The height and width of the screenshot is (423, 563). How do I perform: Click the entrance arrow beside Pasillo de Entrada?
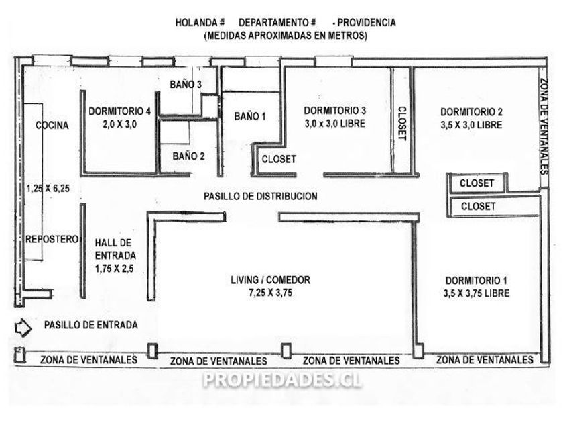coord(22,327)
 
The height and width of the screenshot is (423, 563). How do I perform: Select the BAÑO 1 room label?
coord(250,116)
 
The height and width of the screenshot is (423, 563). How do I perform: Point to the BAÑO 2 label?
coord(188,156)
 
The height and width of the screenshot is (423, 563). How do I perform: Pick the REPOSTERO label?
coord(52,239)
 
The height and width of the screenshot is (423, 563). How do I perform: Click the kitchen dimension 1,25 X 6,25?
coord(48,189)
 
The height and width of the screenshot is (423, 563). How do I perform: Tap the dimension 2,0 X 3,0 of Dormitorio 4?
coord(119,124)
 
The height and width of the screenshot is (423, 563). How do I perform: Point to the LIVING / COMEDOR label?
coord(270,280)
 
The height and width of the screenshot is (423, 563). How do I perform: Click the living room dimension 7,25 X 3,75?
coord(270,293)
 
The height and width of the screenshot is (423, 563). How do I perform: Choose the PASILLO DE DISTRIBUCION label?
coord(261,197)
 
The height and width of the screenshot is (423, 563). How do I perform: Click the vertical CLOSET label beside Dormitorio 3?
coord(402,123)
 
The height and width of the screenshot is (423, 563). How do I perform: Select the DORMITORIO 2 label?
coord(471,112)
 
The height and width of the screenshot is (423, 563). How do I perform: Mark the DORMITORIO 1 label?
coord(476,280)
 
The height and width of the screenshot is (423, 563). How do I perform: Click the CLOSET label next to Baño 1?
coord(278,159)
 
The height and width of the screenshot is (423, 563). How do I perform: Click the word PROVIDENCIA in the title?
coord(369,22)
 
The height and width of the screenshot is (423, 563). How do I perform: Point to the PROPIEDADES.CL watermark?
coord(282,379)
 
